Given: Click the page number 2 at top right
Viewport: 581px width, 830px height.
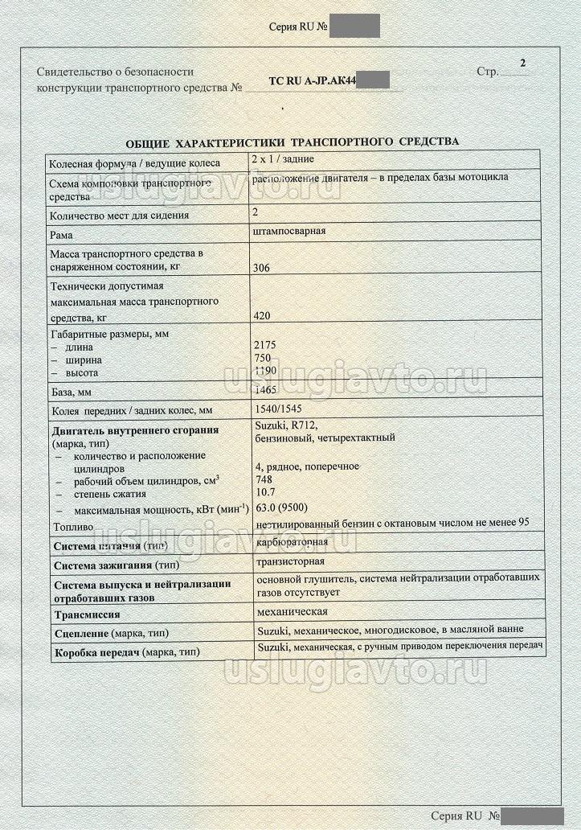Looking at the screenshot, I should (x=523, y=63).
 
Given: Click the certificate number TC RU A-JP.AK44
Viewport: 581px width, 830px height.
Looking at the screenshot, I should (x=313, y=81).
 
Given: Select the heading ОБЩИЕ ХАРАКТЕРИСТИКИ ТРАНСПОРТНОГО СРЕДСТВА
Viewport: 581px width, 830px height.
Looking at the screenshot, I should (x=293, y=142).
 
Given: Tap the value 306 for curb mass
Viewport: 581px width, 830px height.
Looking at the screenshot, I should (x=261, y=268).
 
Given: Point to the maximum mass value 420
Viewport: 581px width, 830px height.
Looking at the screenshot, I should (x=261, y=316).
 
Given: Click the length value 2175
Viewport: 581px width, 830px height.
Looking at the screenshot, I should (x=264, y=345).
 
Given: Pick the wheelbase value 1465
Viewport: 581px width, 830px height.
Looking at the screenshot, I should (x=264, y=389).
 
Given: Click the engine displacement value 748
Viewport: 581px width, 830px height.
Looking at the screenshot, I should (x=262, y=479).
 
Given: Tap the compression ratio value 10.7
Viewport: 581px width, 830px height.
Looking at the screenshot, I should (x=264, y=492).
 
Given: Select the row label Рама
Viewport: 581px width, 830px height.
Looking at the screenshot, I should (x=62, y=236).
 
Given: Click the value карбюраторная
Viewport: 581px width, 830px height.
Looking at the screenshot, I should (x=292, y=544).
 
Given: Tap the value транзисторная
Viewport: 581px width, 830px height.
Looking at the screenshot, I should (x=289, y=561).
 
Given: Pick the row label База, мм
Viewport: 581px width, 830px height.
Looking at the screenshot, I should (x=72, y=392).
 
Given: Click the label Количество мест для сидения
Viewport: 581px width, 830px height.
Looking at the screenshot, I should (x=120, y=215).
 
